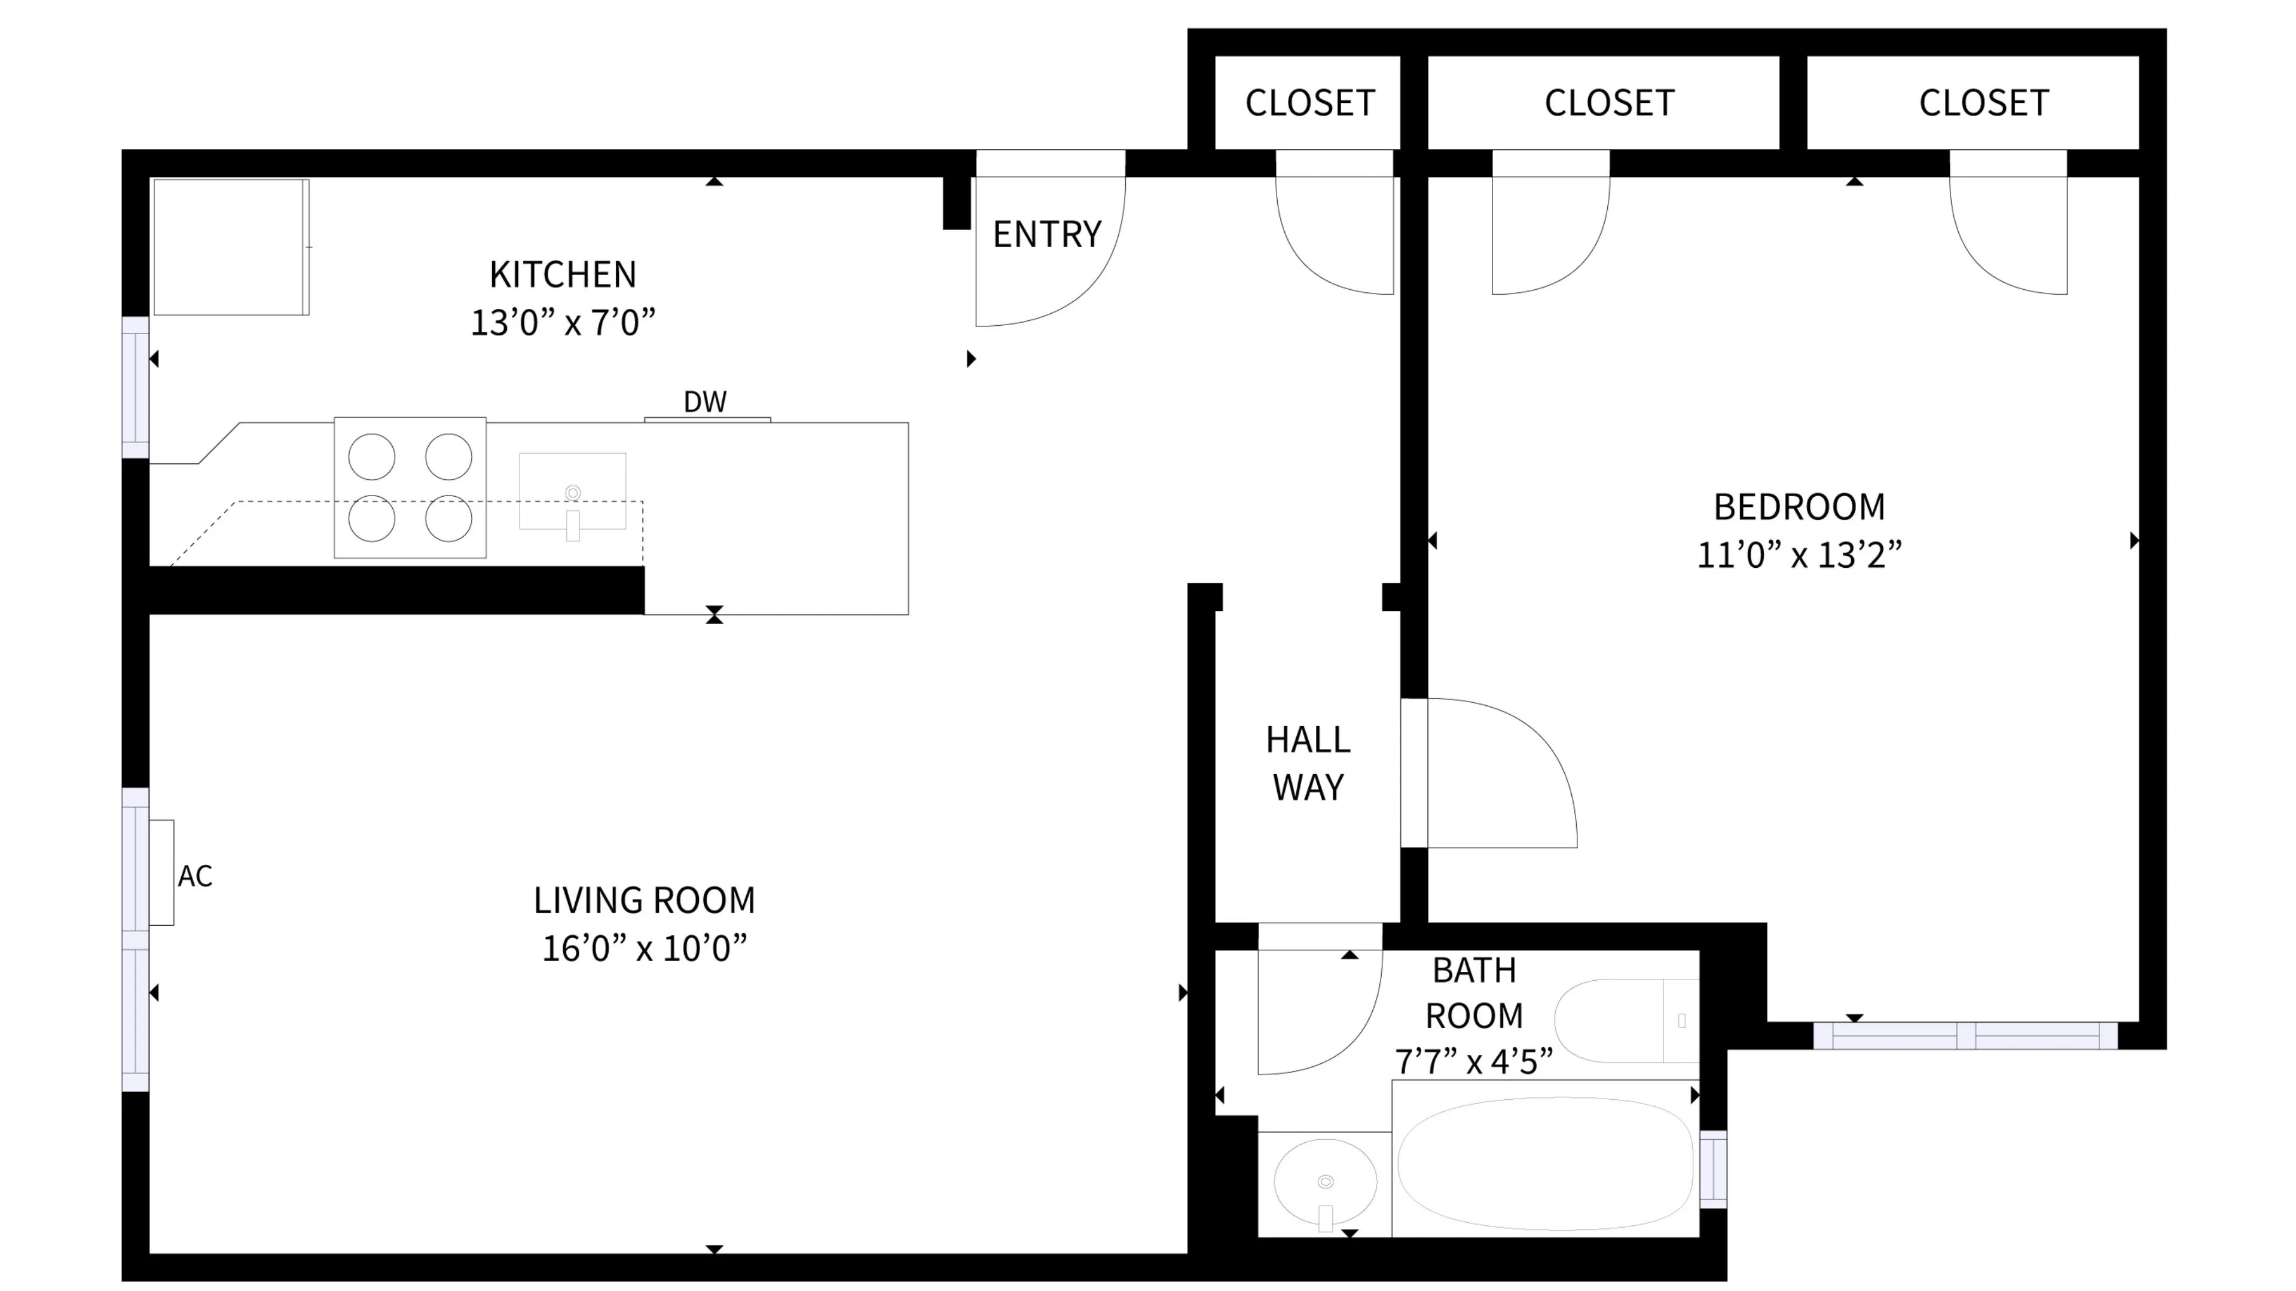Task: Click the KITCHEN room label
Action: [x=563, y=274]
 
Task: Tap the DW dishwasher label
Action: [x=704, y=402]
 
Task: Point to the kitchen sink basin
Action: [x=572, y=491]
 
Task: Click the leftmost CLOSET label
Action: [x=1309, y=103]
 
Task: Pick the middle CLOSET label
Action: [x=1609, y=103]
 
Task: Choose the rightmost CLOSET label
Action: [x=1983, y=103]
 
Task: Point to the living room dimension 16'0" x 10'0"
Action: [x=643, y=948]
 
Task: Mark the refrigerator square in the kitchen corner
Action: [x=231, y=247]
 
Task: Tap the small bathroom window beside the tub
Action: [x=1712, y=1169]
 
